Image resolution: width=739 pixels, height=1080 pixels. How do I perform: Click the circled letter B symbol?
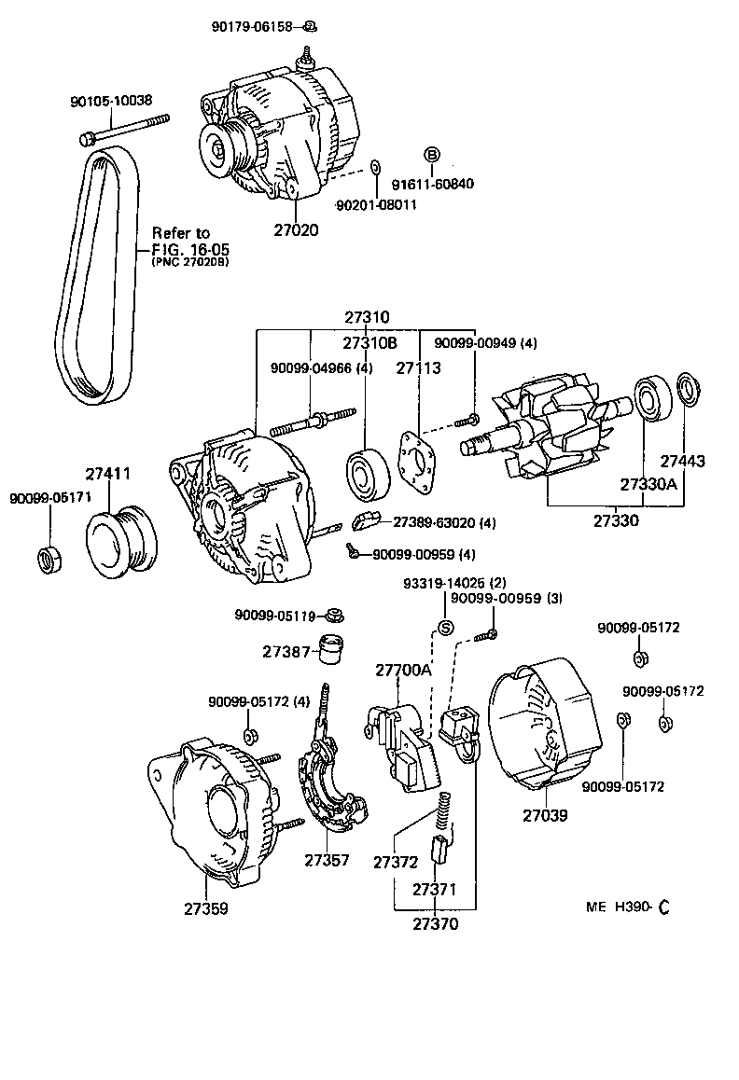coord(432,155)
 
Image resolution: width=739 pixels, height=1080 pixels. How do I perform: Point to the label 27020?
coord(296,229)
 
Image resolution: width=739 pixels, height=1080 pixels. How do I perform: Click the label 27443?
coord(683,461)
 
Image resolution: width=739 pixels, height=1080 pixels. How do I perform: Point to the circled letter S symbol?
coord(445,627)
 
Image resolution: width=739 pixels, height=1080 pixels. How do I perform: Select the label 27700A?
coord(403,670)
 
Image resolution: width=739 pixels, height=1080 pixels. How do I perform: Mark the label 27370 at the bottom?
coord(435,923)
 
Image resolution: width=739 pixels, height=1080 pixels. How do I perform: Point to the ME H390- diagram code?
coord(628,907)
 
